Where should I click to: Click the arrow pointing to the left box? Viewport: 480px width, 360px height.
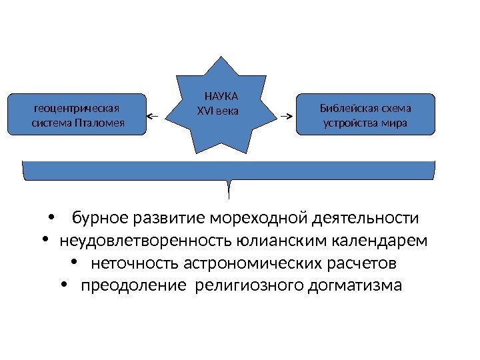(153, 116)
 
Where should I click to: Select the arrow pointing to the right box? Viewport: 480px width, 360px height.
(287, 116)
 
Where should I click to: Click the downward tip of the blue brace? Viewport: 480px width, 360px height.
(229, 196)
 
